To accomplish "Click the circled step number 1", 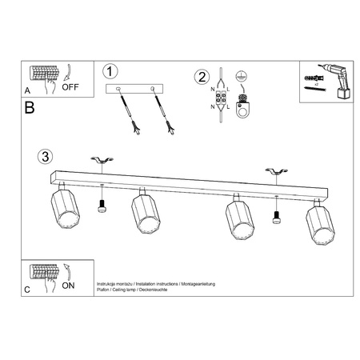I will (111, 71).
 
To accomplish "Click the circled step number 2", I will (202, 77).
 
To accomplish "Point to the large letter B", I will (30, 107).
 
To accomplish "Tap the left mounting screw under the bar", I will (102, 206).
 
